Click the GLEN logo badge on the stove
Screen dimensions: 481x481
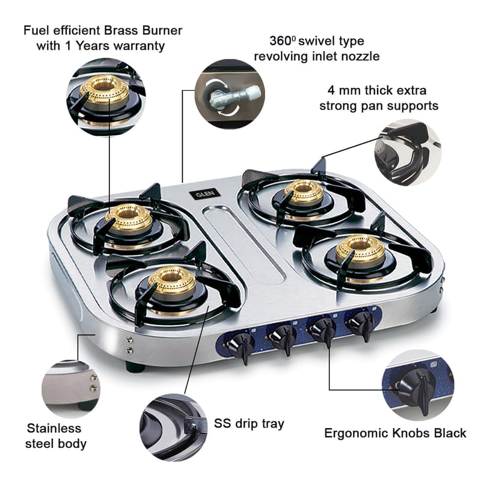204,194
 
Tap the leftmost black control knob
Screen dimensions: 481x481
240,348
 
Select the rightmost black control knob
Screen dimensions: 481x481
361,325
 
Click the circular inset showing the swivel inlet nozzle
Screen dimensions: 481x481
230,94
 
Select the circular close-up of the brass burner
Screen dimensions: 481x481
106,97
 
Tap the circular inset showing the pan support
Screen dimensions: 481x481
408,153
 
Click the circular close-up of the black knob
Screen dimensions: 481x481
418,385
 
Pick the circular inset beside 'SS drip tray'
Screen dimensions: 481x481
174,427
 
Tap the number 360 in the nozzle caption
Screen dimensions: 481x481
280,41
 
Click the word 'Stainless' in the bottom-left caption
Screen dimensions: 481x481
54,428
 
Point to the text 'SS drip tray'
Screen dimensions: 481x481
249,424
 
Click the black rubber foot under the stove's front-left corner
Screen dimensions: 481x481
135,367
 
